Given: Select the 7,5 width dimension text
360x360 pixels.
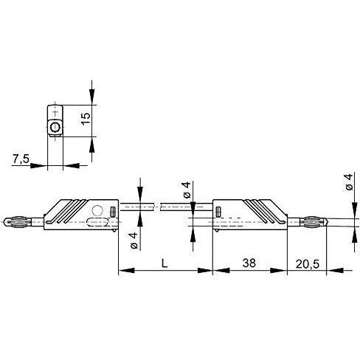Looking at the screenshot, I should [21, 158].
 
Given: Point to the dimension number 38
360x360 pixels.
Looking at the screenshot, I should [249, 263].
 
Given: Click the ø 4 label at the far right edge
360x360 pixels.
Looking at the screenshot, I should [347, 182].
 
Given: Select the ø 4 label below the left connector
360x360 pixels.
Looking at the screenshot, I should [133, 240].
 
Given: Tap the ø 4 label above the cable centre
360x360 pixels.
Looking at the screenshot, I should [187, 189].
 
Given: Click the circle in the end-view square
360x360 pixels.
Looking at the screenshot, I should [55, 128].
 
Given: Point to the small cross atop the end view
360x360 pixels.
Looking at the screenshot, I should [55, 111].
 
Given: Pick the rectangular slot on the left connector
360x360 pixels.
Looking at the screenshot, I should [112, 212].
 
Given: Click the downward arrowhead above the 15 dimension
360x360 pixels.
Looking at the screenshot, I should [91, 99].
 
